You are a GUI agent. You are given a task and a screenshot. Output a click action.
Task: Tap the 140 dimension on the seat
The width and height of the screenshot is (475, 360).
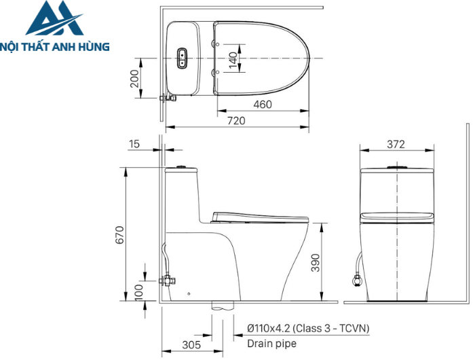click(x=233, y=60)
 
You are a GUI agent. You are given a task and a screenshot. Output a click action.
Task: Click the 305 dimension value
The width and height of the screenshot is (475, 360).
click(x=192, y=344)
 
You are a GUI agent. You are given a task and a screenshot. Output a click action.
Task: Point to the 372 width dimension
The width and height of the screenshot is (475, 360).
click(x=396, y=144)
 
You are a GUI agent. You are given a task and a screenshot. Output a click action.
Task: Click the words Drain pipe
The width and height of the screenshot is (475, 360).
click(x=271, y=344)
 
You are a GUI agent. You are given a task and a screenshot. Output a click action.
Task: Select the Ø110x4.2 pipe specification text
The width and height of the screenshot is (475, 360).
click(x=308, y=329)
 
